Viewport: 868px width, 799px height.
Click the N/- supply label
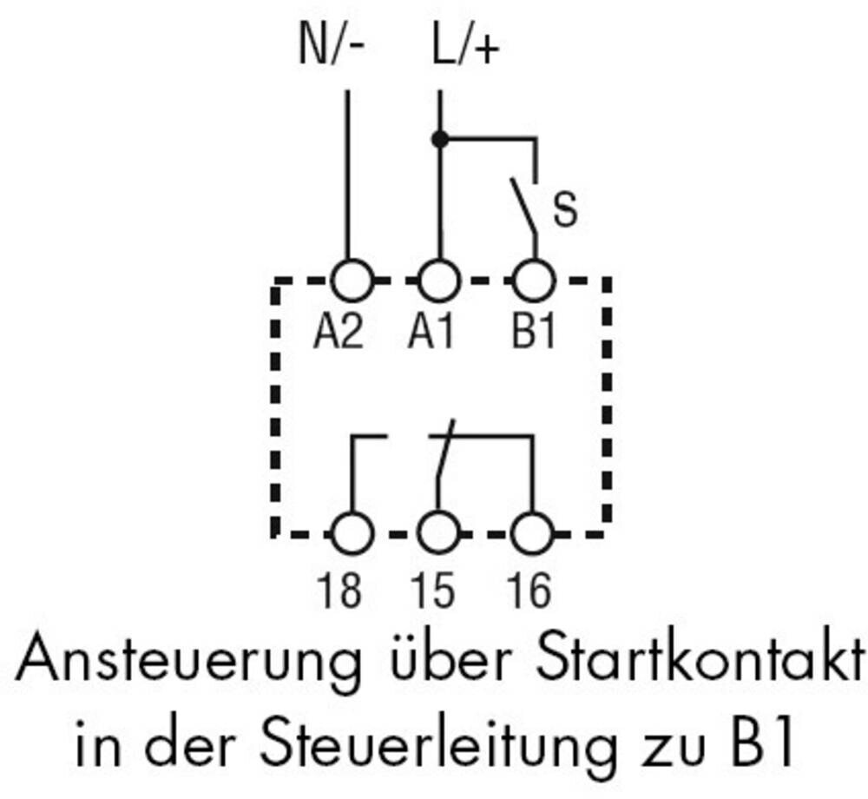[333, 48]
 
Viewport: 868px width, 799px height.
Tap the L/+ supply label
[466, 48]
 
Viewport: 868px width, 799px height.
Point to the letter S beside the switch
[565, 211]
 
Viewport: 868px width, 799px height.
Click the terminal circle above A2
[352, 281]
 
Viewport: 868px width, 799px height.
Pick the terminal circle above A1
[439, 281]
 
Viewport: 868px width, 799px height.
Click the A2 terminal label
[339, 333]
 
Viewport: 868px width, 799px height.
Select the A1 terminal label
[431, 333]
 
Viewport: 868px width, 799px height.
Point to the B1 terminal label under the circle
[533, 333]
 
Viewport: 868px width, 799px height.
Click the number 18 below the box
[340, 591]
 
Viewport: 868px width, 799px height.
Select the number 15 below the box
[433, 591]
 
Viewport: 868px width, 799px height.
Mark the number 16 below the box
[529, 591]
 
